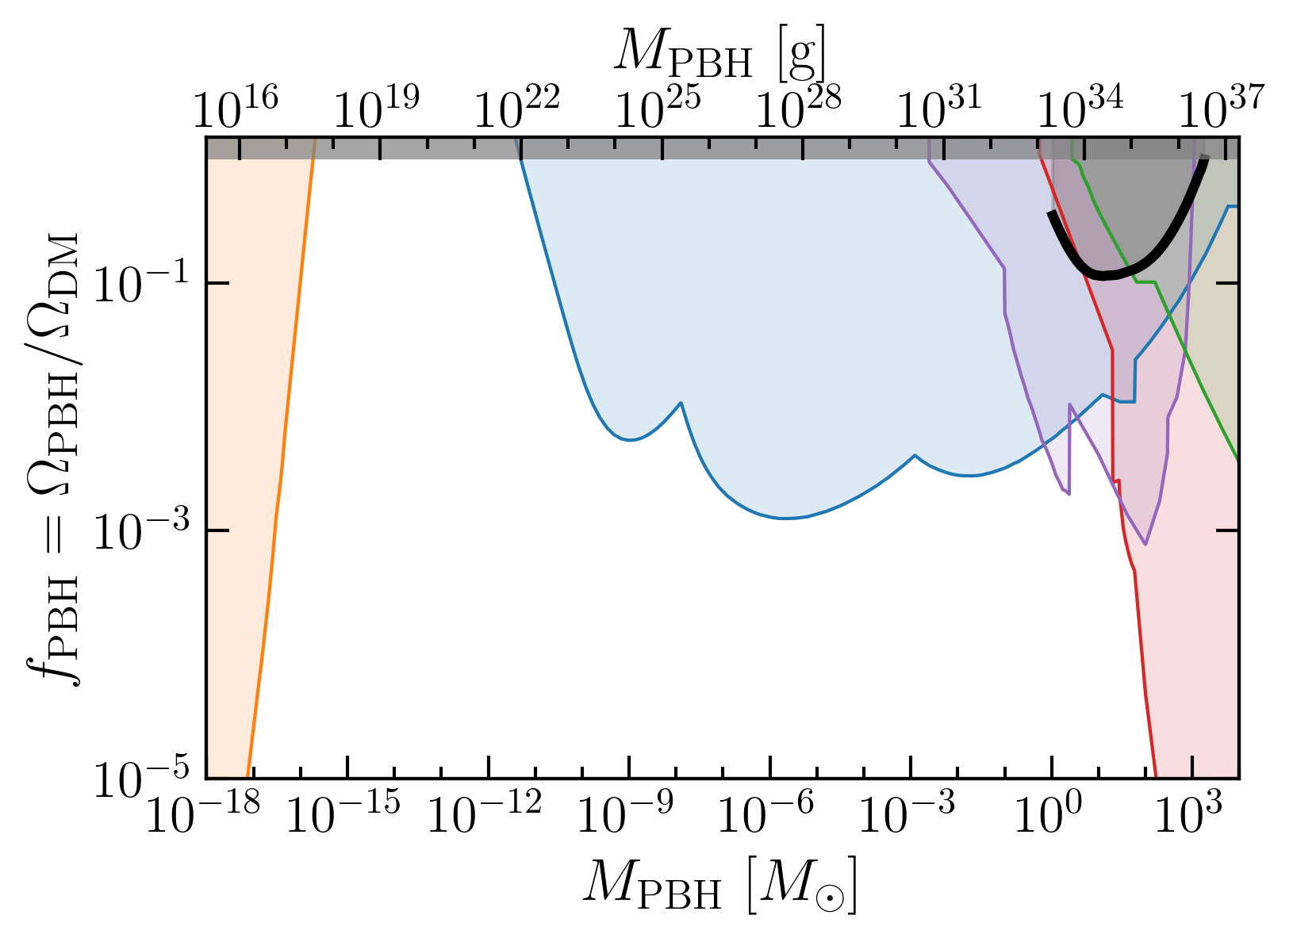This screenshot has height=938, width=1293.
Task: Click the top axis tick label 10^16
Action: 236,106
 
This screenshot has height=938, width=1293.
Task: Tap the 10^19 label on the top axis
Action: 377,106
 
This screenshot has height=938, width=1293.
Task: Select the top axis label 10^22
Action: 517,106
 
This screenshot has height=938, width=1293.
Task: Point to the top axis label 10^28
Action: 799,106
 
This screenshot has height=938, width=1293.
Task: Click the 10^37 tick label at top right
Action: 1222,106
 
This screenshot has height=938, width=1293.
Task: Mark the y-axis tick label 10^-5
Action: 141,776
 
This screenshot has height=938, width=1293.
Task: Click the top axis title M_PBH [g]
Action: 720,54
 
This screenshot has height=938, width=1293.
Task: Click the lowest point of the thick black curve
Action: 1103,275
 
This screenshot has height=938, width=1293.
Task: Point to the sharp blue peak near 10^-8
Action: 681,403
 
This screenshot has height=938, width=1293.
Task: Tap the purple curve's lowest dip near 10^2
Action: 1145,543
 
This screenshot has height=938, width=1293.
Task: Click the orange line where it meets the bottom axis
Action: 247,777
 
